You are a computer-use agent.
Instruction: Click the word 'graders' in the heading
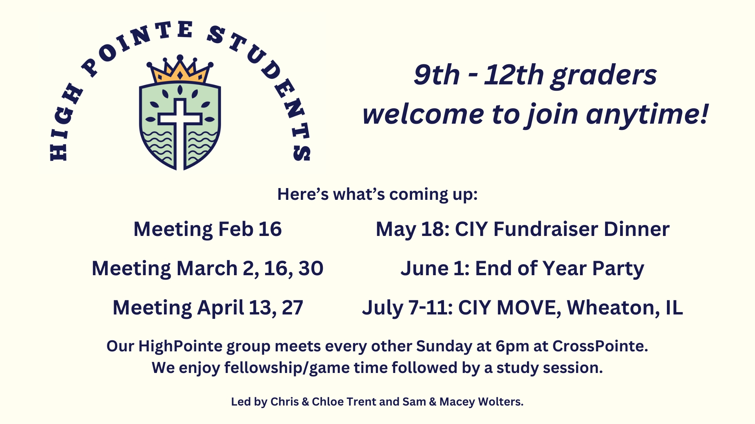604,76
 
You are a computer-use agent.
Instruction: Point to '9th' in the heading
436,75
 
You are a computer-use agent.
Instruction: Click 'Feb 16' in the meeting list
250,229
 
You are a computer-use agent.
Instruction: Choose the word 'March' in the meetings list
207,269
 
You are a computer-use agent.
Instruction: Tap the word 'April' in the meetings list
221,308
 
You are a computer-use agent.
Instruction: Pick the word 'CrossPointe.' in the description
600,346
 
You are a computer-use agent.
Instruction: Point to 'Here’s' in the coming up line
303,194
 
